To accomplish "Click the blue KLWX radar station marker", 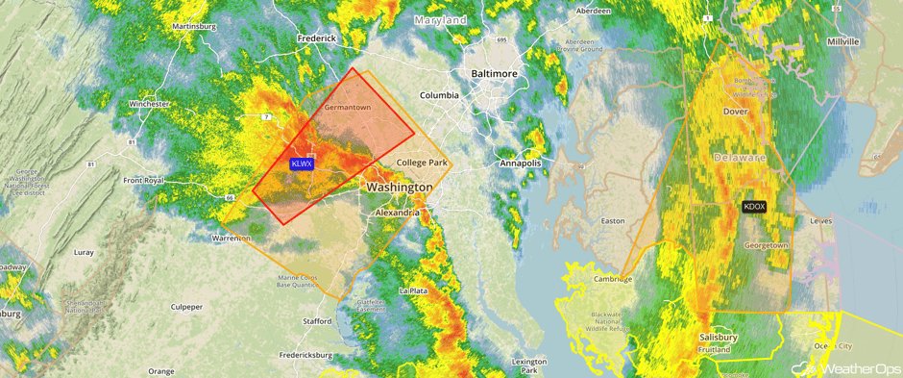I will coord(302,164).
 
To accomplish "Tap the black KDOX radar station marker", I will coord(755,207).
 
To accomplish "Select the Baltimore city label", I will coord(494,73).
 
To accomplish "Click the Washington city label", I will coord(399,186).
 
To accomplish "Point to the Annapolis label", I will coord(521,164).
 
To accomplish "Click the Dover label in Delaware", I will coord(735,112).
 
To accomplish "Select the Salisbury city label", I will coord(718,338).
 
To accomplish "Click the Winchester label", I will coord(149,103).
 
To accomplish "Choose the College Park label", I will coord(423,163).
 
